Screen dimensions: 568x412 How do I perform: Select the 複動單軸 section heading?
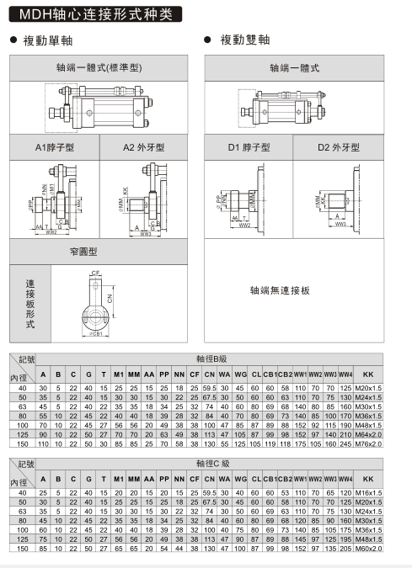[x=47, y=40]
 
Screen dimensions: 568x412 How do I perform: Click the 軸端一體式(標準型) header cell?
[x=99, y=67]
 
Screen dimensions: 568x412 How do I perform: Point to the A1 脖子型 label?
[x=54, y=147]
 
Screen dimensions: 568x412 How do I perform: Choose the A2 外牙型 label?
[x=144, y=147]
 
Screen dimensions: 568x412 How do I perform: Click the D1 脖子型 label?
[x=249, y=147]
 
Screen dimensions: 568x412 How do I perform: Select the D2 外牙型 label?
[x=339, y=147]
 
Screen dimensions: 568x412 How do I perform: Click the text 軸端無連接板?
[x=280, y=290]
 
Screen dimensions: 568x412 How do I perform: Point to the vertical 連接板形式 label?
[x=30, y=304]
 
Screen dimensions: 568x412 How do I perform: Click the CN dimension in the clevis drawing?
[x=109, y=296]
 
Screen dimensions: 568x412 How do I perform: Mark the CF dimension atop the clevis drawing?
[x=95, y=273]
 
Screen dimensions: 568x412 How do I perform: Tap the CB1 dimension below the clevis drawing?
[x=95, y=334]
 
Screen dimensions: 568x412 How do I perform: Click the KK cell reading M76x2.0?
[x=368, y=443]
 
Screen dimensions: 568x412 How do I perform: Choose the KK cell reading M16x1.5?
[x=368, y=491]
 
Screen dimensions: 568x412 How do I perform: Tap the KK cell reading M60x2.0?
[x=368, y=548]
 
